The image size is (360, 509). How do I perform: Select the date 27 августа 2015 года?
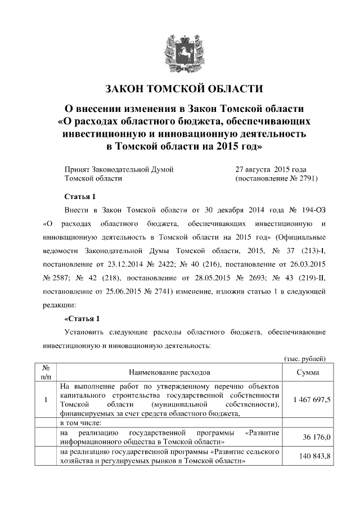[270, 169]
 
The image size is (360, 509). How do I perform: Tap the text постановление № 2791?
[276, 178]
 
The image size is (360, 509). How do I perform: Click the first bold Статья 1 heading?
[77, 196]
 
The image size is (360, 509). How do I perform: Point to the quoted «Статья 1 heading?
[79, 318]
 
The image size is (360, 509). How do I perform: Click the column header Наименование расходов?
[169, 372]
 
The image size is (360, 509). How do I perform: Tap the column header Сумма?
[308, 372]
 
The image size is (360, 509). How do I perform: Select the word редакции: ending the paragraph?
[59, 304]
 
